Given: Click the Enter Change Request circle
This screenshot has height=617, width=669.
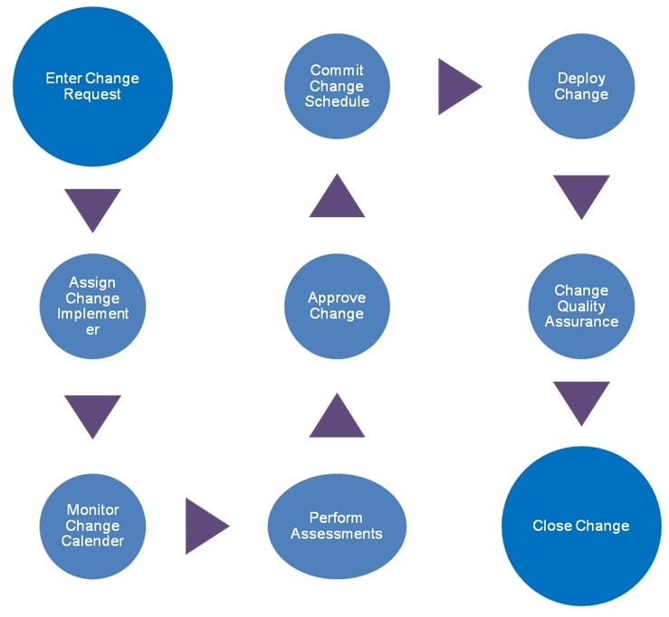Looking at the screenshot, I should [92, 86].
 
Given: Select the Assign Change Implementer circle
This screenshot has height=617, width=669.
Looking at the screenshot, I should [92, 306].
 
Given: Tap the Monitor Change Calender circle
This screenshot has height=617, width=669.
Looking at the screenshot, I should [92, 526].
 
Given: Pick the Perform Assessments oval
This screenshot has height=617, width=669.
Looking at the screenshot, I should [337, 526].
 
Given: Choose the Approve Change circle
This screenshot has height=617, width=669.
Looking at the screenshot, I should [337, 306].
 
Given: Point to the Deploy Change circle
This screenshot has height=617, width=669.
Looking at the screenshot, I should [581, 86].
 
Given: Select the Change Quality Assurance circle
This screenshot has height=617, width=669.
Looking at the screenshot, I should [581, 306].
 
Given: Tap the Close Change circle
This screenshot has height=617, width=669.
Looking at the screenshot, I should [581, 526].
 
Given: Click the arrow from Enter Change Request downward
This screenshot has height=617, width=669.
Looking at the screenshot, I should [92, 206].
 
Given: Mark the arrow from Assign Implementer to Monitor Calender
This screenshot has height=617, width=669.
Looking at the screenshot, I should [92, 413].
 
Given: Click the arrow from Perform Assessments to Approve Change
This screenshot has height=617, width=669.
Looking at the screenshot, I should [337, 419].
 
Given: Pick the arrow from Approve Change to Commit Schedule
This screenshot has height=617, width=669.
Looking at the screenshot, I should [337, 199].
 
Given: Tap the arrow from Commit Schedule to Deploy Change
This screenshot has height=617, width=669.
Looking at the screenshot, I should [456, 86].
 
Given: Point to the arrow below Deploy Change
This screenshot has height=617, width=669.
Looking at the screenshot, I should [581, 194].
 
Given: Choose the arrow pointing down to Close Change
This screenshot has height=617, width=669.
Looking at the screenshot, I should [581, 400].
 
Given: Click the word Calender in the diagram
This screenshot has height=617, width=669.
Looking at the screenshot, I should [92, 541].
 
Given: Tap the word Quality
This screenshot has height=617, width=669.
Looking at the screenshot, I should [581, 306].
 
